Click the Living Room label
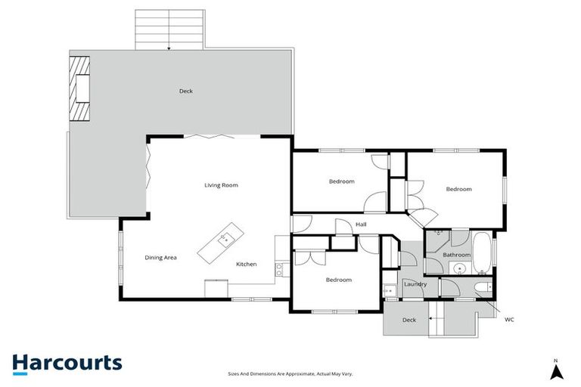point(221,185)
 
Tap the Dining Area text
point(160,258)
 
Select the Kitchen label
point(247,265)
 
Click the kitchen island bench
point(219,243)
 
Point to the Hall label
point(361,224)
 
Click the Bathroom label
point(457,255)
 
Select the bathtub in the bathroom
point(482,249)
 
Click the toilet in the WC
point(482,287)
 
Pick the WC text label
point(509,320)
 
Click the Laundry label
point(415,284)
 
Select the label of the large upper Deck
point(185,91)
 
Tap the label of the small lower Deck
point(409,320)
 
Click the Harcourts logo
point(67,362)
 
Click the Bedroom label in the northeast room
point(458,189)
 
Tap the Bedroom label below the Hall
point(338,280)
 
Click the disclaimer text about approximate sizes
point(290,373)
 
